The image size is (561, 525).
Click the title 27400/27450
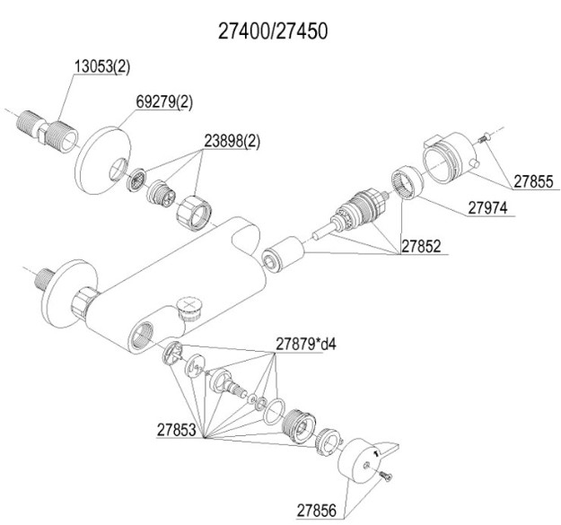click(273, 31)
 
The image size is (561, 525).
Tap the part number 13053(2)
click(102, 67)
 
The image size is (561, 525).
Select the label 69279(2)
click(164, 102)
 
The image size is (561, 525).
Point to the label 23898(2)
click(232, 141)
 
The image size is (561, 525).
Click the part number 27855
click(533, 181)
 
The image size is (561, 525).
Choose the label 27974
click(487, 208)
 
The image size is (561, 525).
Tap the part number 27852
click(421, 246)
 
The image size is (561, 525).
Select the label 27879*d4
click(306, 344)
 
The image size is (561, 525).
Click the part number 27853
click(177, 430)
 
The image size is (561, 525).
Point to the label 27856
click(317, 511)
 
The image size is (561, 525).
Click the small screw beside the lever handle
click(385, 476)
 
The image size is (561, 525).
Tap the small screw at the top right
click(483, 137)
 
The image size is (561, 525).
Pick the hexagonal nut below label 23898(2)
click(194, 214)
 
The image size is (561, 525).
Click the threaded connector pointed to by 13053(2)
click(48, 127)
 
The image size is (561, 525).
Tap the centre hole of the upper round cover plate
click(118, 169)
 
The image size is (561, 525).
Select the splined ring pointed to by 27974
click(407, 182)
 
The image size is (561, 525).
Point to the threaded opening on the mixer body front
click(141, 335)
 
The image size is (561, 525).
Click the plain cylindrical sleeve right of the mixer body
click(283, 254)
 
